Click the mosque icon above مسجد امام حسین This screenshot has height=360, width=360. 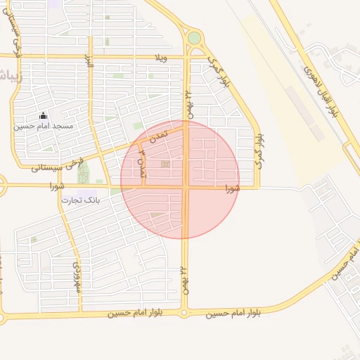click(44, 116)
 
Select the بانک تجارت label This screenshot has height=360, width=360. click(80, 200)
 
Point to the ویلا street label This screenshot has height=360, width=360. click(162, 57)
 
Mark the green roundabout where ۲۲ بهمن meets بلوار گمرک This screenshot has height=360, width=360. click(194, 38)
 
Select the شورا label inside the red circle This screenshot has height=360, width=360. click(232, 188)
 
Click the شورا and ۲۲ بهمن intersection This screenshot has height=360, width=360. click(186, 188)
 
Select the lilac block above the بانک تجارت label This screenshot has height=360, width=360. click(87, 193)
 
